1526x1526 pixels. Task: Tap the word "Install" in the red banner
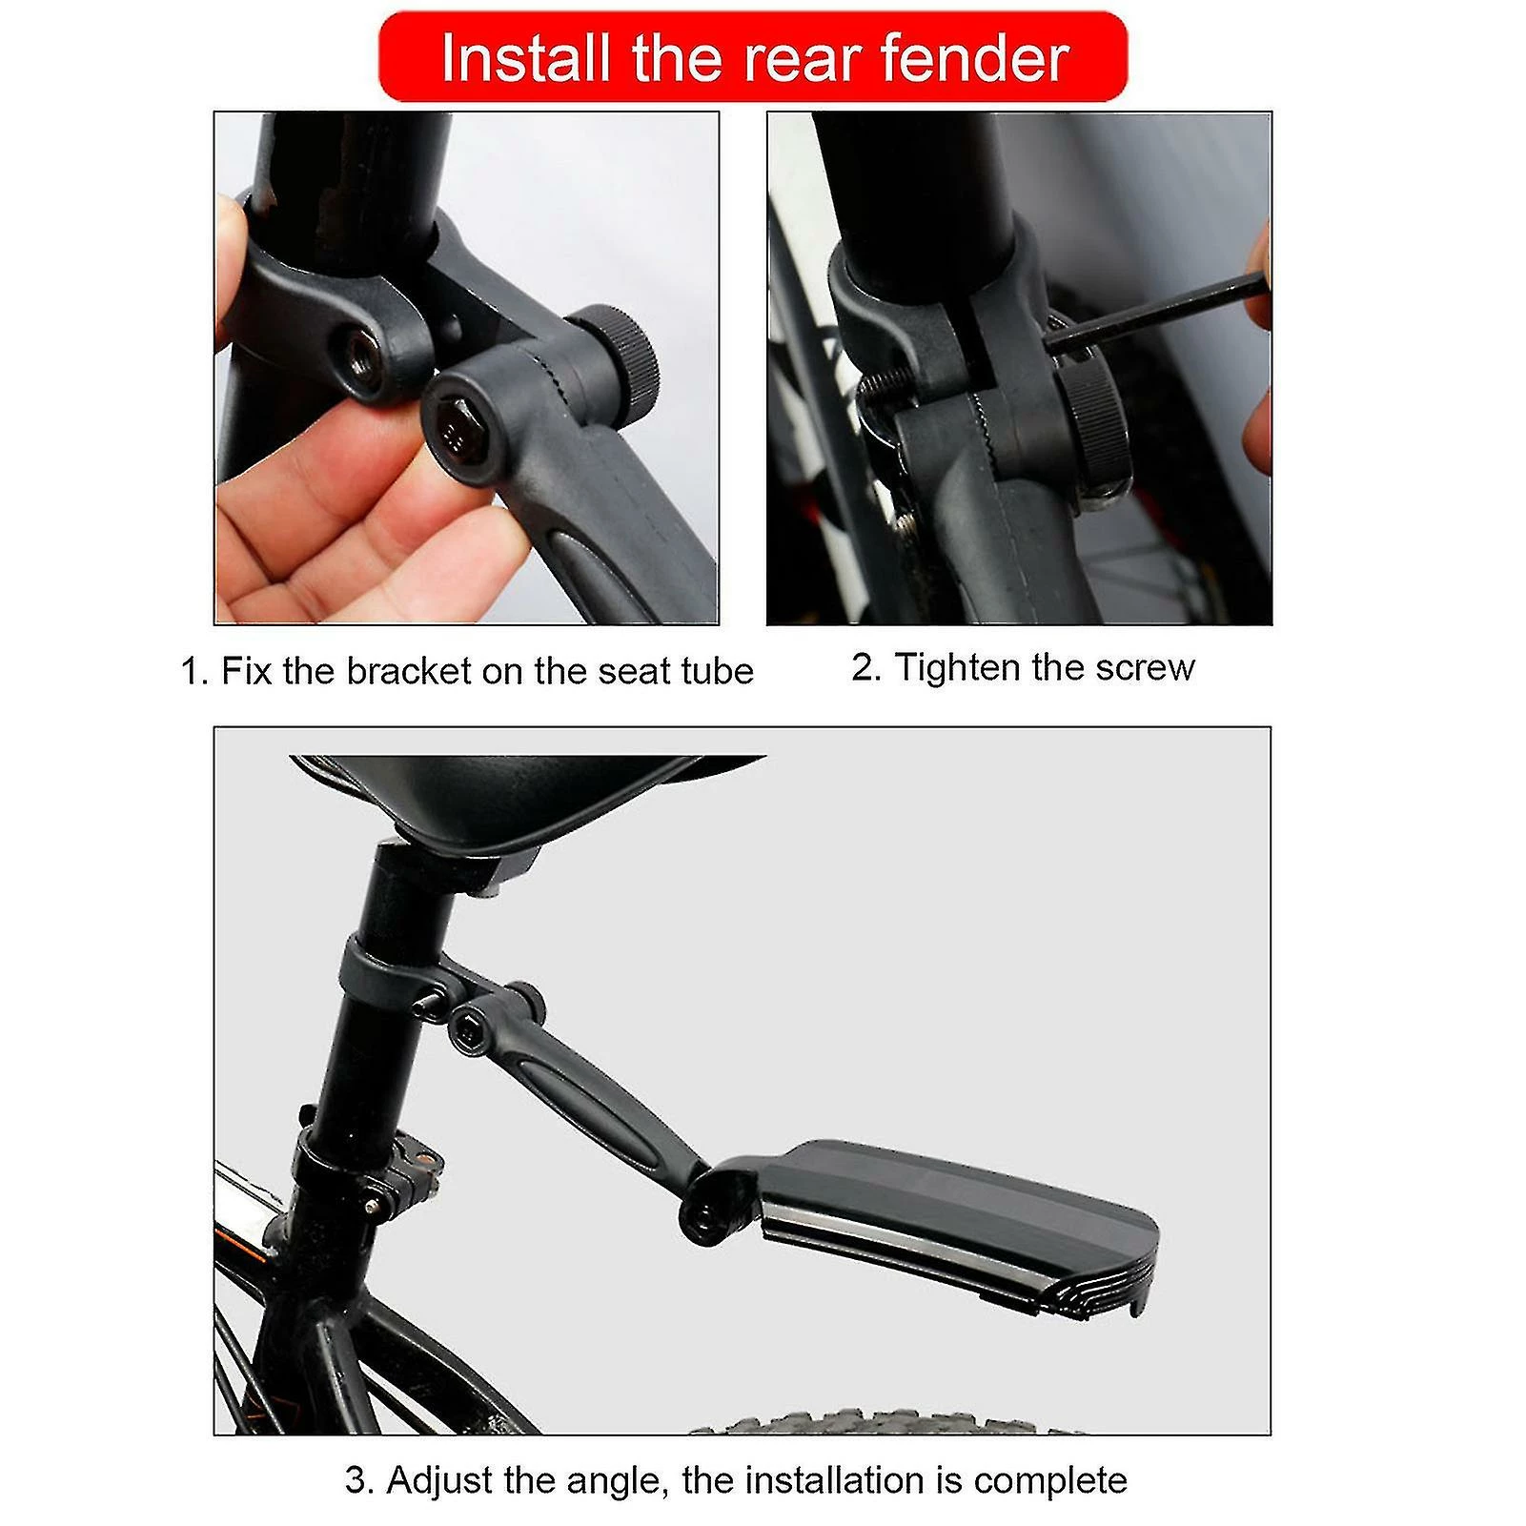[525, 59]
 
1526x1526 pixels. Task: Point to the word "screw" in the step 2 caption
[1145, 668]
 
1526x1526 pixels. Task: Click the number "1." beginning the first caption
[194, 671]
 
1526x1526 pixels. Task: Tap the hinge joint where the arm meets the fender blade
[705, 1206]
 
